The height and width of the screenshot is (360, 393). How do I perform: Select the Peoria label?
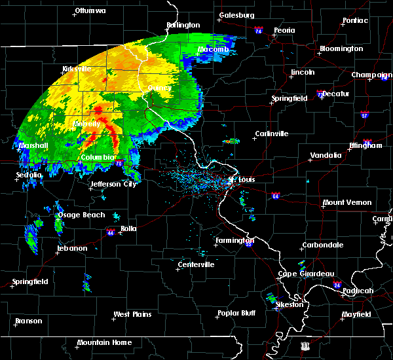coord(284,30)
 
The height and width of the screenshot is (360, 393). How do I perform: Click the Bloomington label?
coord(341,49)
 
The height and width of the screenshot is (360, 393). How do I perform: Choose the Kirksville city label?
coord(76,69)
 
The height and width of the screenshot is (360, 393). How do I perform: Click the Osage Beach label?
coord(82,215)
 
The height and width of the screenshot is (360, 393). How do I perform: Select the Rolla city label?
coord(128,228)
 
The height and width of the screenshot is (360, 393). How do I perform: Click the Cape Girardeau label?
coord(307,274)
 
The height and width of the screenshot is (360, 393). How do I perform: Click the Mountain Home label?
coord(104,342)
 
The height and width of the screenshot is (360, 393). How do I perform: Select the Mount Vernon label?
coord(347,203)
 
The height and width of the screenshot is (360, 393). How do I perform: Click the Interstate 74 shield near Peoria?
coord(259,31)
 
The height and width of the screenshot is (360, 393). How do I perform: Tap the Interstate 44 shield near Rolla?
coord(110,232)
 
